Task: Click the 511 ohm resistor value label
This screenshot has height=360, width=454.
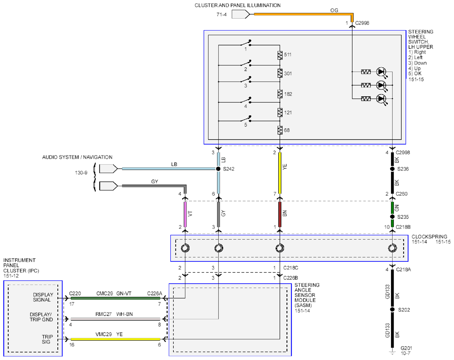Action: [x=288, y=55]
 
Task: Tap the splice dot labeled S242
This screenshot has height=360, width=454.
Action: [x=218, y=169]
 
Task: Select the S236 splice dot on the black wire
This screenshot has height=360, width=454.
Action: [x=392, y=169]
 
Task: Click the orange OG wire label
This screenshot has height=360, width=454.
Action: [x=334, y=10]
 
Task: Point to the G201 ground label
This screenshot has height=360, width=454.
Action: [x=406, y=348]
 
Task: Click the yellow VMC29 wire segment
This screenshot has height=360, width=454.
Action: [x=116, y=339]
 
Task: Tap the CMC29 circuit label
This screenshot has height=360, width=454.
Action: [x=104, y=293]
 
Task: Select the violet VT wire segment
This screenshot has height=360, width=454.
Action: [x=185, y=214]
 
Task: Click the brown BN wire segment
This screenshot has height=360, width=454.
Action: [x=280, y=214]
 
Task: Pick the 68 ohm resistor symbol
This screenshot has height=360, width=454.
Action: [x=280, y=130]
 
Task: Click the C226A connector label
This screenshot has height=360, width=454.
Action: [x=155, y=293]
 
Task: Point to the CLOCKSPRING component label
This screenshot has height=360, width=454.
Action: [x=429, y=236]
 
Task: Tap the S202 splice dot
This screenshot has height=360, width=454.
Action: [x=392, y=310]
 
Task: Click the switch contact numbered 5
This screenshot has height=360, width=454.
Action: [x=245, y=120]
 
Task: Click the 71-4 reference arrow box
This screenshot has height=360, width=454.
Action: [x=241, y=14]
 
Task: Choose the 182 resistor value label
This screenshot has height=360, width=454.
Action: [x=288, y=94]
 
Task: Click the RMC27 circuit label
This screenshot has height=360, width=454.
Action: [x=103, y=314]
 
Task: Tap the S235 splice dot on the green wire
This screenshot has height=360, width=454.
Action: [x=392, y=217]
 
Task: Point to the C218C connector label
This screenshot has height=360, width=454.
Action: [x=291, y=268]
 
